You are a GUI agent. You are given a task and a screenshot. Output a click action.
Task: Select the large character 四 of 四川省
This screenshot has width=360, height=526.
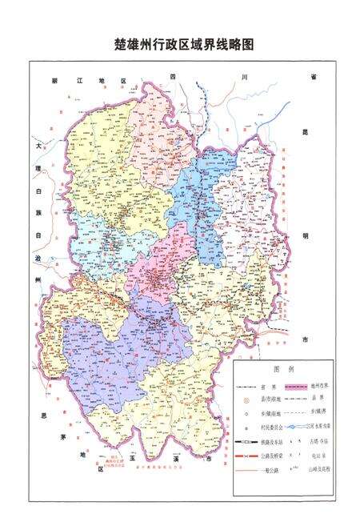[172, 76]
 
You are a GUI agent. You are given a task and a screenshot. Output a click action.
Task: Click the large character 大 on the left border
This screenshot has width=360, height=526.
[37, 147]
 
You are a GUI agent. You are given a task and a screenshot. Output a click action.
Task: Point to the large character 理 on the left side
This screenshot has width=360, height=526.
[37, 170]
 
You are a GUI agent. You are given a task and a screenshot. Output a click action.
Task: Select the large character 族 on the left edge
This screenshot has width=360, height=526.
[37, 214]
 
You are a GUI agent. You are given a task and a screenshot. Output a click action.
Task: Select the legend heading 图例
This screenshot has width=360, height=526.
[284, 370]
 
